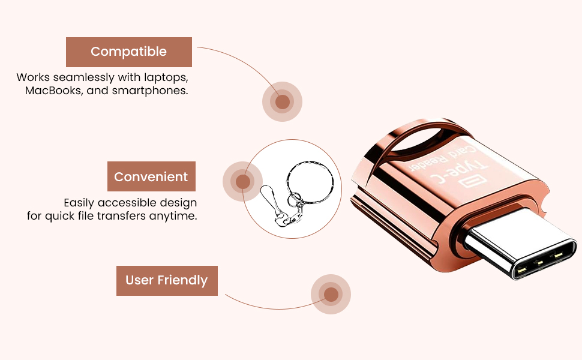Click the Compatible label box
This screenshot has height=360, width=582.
coord(128,52)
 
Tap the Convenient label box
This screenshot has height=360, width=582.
coord(151,177)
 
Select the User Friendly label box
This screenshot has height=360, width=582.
coord(166,281)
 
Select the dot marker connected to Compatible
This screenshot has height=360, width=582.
coord(282,101)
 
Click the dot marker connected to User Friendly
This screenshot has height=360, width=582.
coord(331,295)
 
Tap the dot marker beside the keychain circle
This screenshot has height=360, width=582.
coord(242,181)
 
